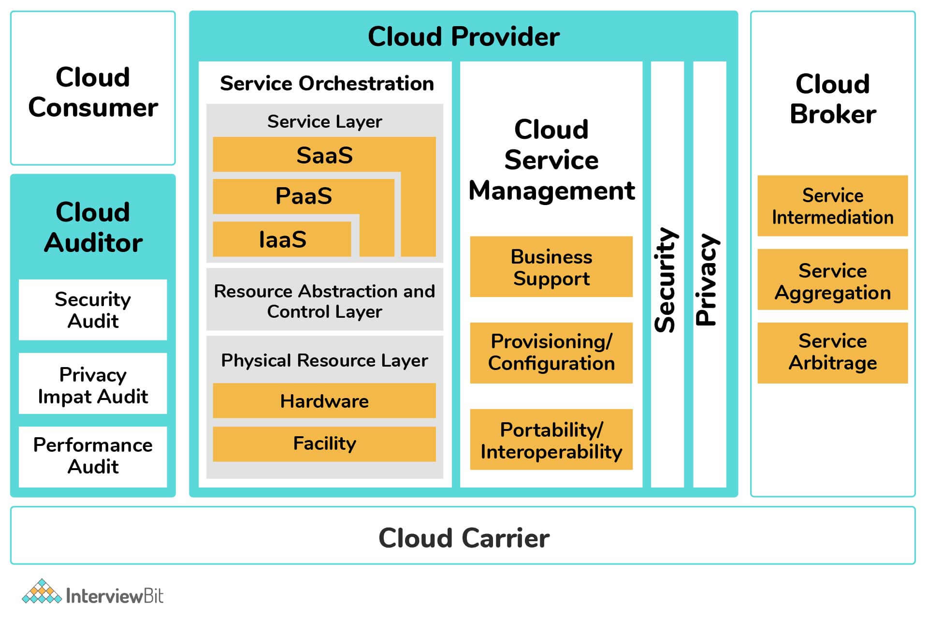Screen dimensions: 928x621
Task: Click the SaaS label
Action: (x=324, y=156)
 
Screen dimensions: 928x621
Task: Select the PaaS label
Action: (x=304, y=196)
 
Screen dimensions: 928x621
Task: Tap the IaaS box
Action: (x=282, y=239)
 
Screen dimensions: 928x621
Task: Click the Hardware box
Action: (x=324, y=401)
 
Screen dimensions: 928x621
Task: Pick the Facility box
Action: (x=324, y=444)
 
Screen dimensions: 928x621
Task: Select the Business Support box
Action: (x=551, y=266)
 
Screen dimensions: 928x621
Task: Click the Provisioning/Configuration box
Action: (x=551, y=353)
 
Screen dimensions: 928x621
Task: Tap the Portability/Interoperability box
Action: (x=551, y=440)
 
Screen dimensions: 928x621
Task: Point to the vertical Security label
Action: (x=666, y=280)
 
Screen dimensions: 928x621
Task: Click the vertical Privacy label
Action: (x=708, y=280)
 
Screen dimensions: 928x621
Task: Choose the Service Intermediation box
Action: (x=833, y=206)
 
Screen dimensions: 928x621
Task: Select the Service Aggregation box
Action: (x=833, y=280)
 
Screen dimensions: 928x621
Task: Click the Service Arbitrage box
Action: (x=833, y=353)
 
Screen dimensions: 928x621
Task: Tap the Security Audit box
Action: (x=93, y=310)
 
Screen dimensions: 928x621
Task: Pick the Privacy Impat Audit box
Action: (x=93, y=384)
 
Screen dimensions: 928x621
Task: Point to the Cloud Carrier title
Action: (x=464, y=538)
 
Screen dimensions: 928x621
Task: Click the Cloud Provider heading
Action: (x=464, y=37)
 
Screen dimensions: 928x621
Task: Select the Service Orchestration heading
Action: (x=327, y=84)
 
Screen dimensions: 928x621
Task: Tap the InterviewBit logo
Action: (x=93, y=592)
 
